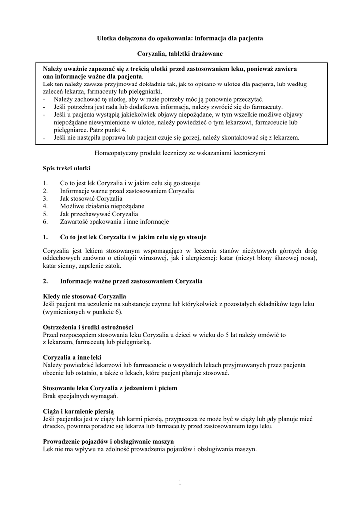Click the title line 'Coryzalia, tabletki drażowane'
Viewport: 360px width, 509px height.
tap(180, 53)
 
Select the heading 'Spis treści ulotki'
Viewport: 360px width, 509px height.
tap(66, 169)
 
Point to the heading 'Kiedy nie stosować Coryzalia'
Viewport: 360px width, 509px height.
tap(84, 296)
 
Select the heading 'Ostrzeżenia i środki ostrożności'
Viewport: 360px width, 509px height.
tap(88, 327)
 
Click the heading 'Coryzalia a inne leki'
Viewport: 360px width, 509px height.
tap(72, 357)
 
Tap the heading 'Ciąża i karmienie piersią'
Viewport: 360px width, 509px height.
tap(79, 411)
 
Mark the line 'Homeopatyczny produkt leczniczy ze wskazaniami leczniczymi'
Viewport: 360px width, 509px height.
tap(180, 154)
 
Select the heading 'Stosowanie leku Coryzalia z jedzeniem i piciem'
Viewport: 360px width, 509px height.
tap(110, 388)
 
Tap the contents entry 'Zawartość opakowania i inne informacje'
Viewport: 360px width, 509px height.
tap(114, 221)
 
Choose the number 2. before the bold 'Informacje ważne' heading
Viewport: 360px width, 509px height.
tap(45, 281)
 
